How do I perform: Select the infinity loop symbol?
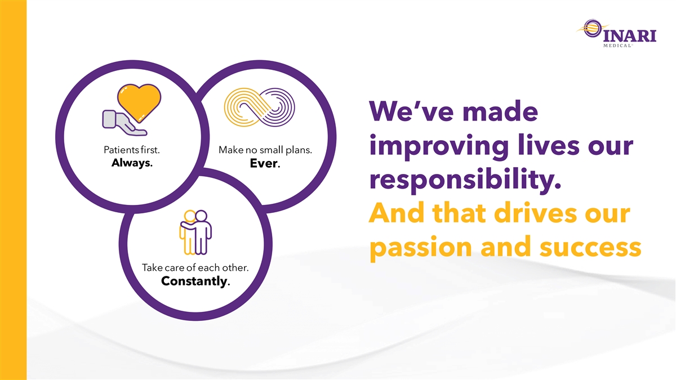[x=259, y=107]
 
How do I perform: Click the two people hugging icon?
[x=195, y=232]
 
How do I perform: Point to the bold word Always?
[x=132, y=163]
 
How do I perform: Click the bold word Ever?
[x=265, y=163]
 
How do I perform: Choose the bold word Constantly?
[x=195, y=281]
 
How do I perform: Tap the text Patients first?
[x=132, y=150]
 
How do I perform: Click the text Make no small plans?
[x=265, y=150]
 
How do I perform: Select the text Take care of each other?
[x=195, y=267]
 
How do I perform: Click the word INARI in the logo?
[x=630, y=36]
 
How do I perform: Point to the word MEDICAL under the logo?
[x=618, y=46]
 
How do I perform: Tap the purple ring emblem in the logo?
[x=592, y=28]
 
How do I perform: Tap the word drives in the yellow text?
[x=536, y=213]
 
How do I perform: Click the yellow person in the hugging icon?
[x=188, y=232]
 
